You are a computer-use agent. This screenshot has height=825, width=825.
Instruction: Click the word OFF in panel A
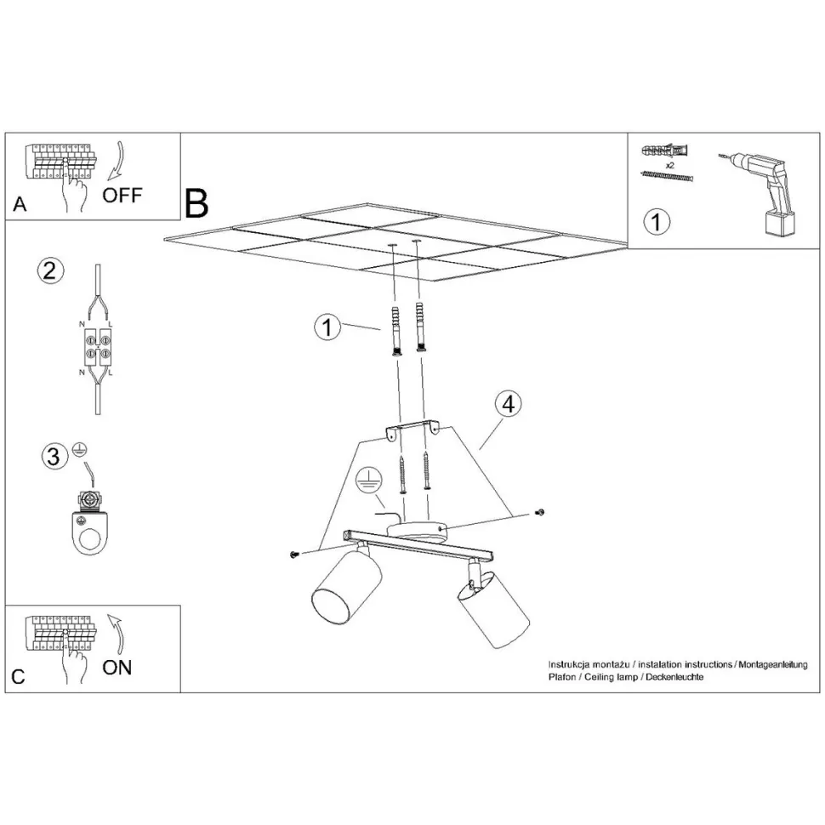tap(122, 196)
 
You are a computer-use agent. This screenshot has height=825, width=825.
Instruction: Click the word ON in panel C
tap(117, 668)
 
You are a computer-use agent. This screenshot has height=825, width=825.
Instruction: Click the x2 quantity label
tap(670, 165)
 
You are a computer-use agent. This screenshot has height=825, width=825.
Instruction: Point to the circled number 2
tap(50, 271)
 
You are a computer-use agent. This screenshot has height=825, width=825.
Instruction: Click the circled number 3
tap(54, 456)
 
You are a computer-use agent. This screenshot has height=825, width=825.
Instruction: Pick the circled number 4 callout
tap(509, 404)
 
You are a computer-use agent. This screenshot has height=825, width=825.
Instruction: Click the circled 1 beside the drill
tap(657, 221)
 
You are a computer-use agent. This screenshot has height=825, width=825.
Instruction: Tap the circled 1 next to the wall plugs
tap(327, 327)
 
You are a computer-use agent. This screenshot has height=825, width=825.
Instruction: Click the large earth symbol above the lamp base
tap(367, 481)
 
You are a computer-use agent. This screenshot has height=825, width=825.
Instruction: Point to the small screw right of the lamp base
tap(538, 512)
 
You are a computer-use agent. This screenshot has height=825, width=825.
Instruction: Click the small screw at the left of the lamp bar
tap(294, 554)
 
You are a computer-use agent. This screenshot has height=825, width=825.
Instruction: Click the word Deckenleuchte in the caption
tap(674, 677)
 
